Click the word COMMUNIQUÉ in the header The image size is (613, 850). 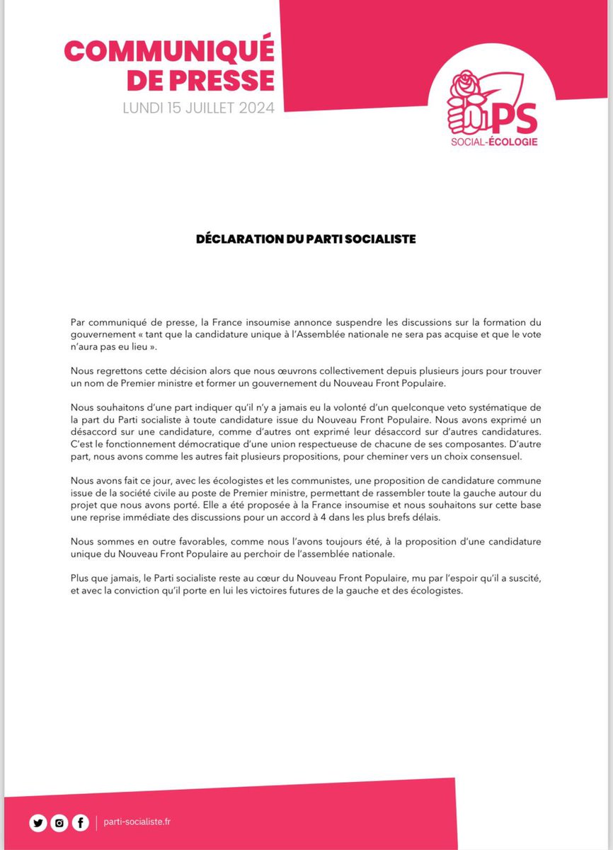(168, 51)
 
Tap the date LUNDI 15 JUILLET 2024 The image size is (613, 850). (198, 108)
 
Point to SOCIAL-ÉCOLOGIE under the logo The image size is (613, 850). (493, 142)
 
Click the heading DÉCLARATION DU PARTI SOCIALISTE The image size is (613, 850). (306, 239)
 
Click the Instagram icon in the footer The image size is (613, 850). (59, 823)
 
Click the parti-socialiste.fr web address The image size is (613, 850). (137, 822)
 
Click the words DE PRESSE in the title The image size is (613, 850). (200, 80)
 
